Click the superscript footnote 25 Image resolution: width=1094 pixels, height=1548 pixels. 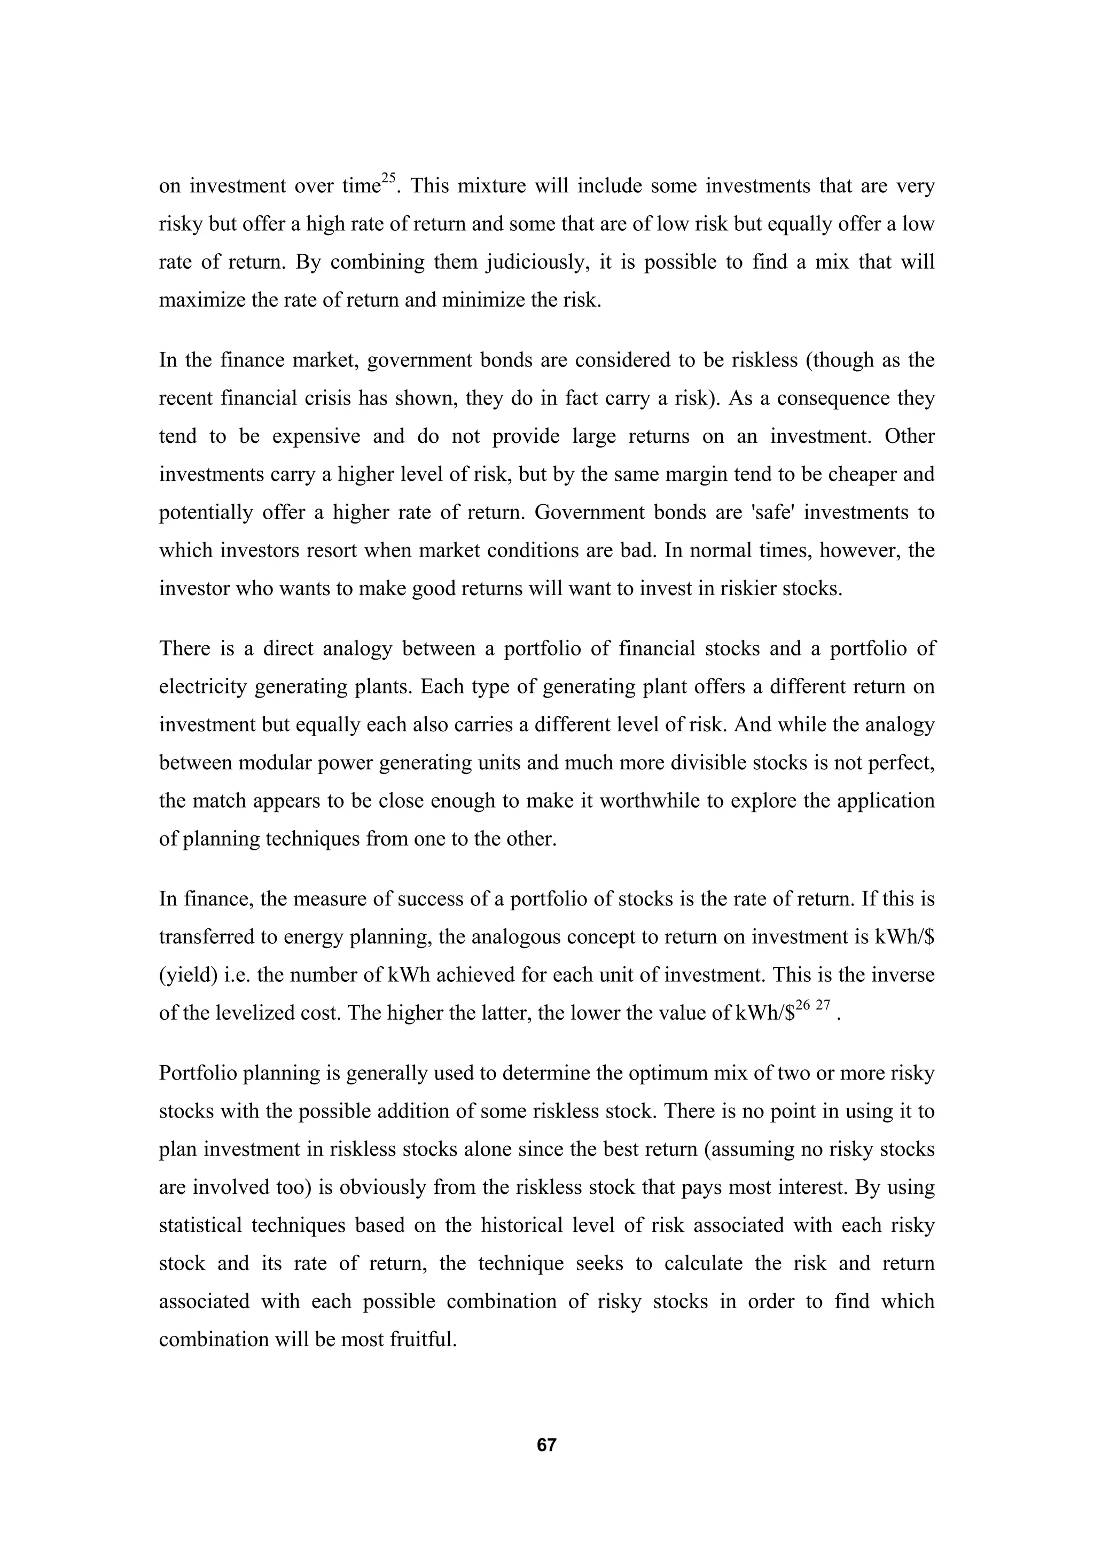(388, 178)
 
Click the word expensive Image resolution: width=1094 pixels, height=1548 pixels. (317, 436)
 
